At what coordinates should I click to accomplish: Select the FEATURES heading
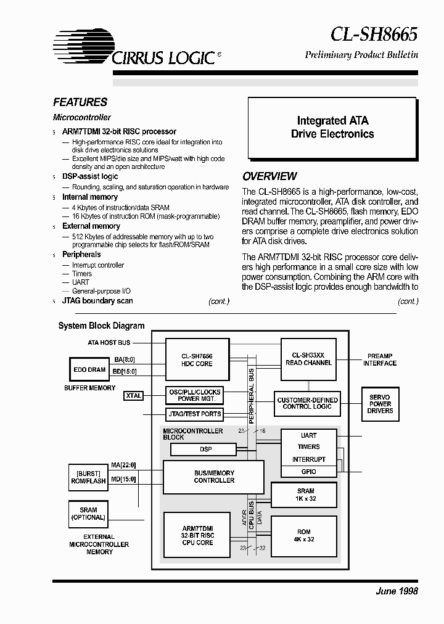tap(80, 102)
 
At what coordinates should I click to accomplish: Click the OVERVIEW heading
tap(269, 176)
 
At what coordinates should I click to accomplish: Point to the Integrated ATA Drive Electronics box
tap(332, 128)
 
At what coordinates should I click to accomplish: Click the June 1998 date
tap(397, 591)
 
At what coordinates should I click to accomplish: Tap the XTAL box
tap(133, 395)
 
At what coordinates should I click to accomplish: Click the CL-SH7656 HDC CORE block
tap(197, 360)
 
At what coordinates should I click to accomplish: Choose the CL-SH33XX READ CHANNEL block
tap(308, 359)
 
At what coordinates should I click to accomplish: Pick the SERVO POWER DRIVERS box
tap(380, 404)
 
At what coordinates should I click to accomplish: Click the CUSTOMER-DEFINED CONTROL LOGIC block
tap(308, 403)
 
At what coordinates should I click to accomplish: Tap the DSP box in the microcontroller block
tap(205, 450)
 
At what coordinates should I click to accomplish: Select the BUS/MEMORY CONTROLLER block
tap(214, 477)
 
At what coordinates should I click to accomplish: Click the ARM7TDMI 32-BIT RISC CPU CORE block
tap(197, 535)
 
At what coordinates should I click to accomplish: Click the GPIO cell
tap(308, 471)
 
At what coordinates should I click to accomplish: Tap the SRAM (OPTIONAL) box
tap(88, 514)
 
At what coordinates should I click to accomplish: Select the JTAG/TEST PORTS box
tap(194, 414)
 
